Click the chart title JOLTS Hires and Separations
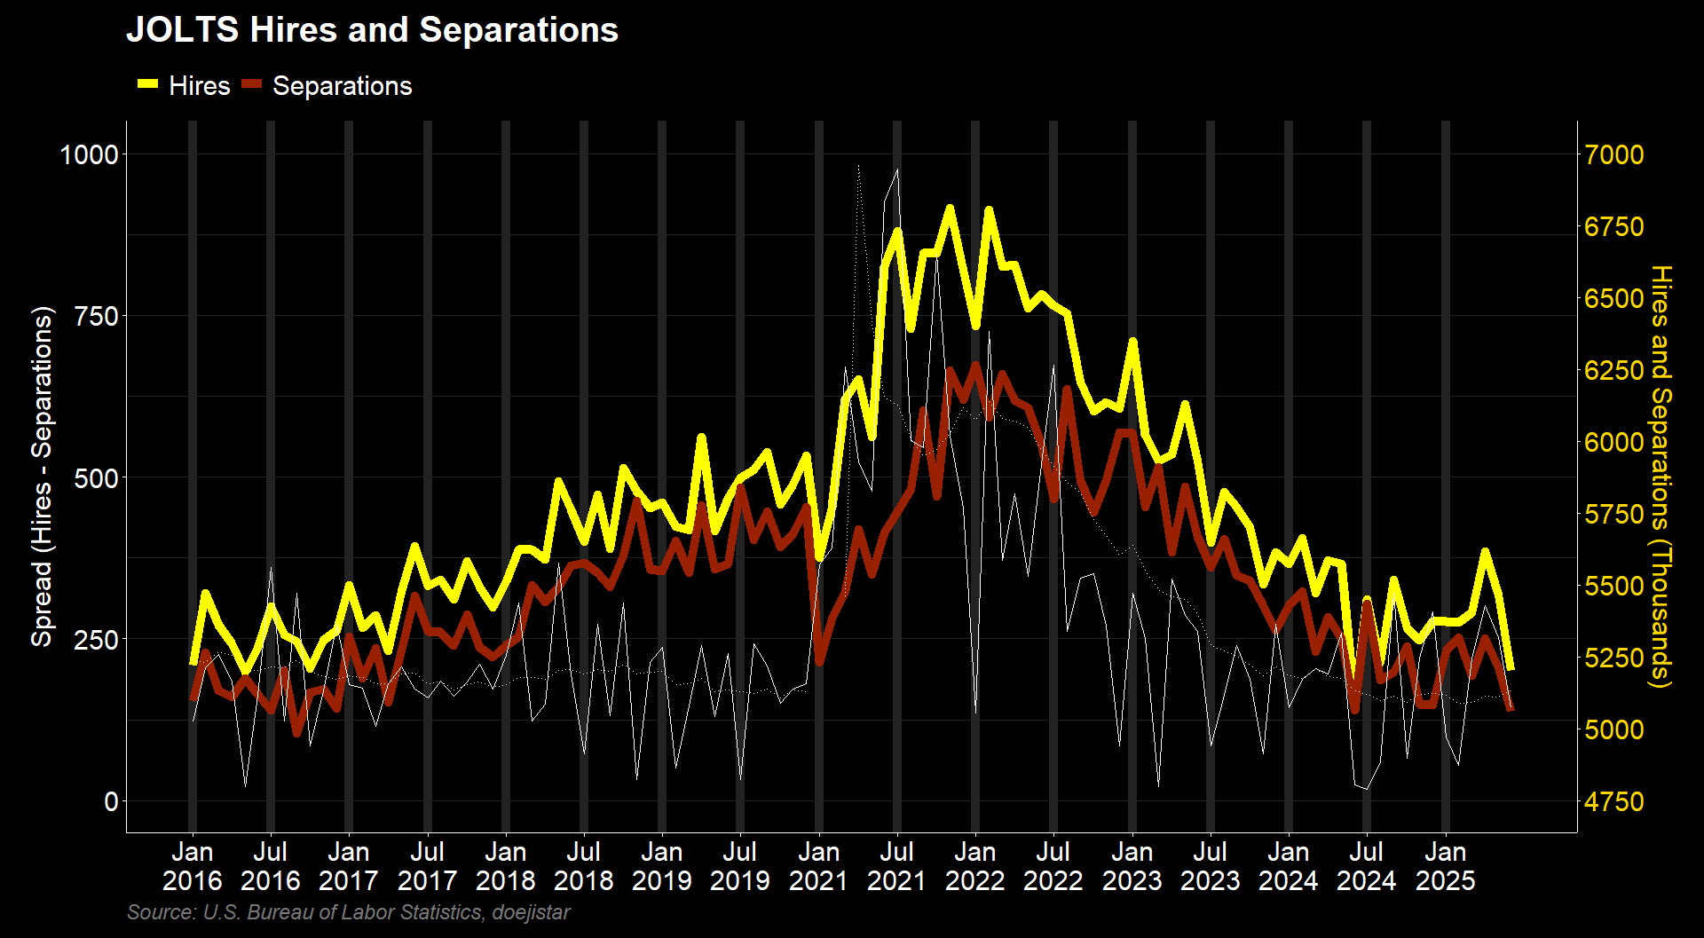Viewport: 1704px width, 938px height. [x=372, y=30]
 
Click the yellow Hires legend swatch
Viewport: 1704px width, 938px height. [x=147, y=84]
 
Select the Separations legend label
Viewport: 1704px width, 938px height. [x=342, y=86]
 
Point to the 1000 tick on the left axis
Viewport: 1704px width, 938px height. [x=88, y=154]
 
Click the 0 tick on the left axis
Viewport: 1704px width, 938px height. [x=111, y=801]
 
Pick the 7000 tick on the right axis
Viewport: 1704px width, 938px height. [x=1614, y=154]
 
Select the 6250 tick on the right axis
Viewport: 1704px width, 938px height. [x=1614, y=370]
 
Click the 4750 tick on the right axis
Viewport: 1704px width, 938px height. [x=1614, y=801]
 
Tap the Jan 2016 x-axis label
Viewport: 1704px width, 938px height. [x=192, y=866]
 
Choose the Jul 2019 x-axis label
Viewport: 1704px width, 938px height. [x=739, y=866]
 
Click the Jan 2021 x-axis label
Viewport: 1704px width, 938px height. [x=818, y=866]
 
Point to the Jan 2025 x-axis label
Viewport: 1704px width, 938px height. [x=1445, y=866]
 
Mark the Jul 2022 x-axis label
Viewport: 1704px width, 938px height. [x=1053, y=866]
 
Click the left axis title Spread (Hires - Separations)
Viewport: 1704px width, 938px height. [x=43, y=477]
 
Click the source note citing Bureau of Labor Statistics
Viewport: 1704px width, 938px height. [x=348, y=912]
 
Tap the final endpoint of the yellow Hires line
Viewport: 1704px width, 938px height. [x=1511, y=668]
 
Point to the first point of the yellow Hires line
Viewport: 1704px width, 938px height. [x=193, y=663]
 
